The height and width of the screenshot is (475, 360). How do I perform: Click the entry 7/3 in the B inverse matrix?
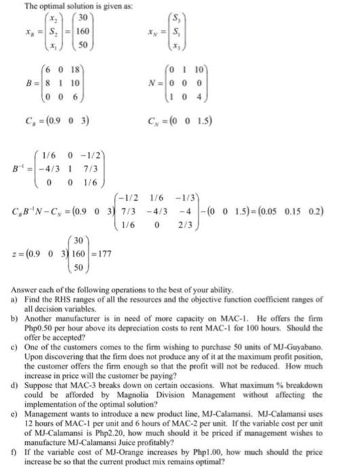88,170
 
